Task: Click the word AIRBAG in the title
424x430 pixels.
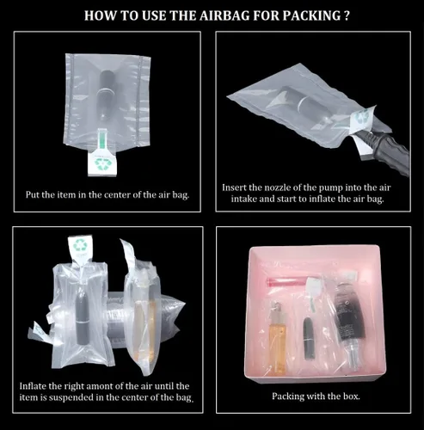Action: point(224,15)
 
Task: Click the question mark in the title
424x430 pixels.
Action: point(347,15)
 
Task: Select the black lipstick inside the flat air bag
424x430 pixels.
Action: point(105,95)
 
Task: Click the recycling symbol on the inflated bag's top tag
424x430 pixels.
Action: point(80,245)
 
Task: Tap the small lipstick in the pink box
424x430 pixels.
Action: point(309,338)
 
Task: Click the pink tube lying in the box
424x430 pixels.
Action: point(286,282)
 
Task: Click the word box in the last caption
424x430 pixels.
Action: point(351,396)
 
